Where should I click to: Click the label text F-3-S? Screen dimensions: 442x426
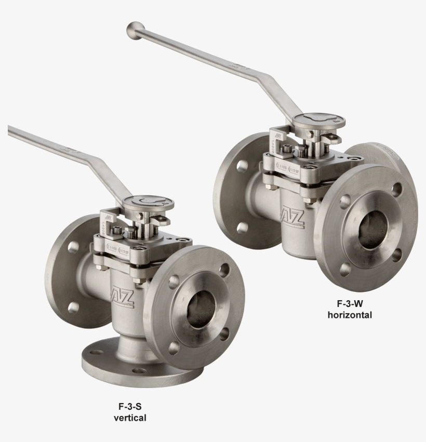(130, 407)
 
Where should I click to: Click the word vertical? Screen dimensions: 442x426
(130, 418)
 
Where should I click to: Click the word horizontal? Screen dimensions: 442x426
(349, 314)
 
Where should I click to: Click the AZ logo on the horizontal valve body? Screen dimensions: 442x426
(290, 215)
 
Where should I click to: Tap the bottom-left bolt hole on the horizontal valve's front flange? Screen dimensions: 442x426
(345, 269)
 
